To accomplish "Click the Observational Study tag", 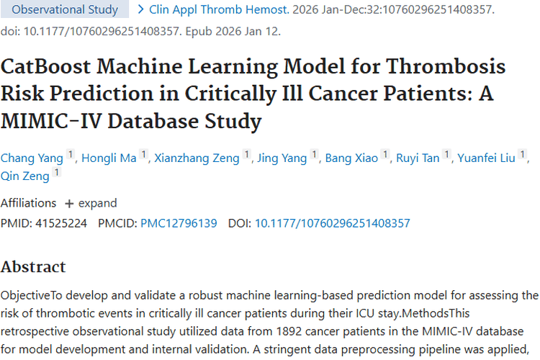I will click(x=66, y=10).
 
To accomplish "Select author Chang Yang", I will click(x=32, y=158).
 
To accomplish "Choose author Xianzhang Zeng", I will click(x=197, y=158).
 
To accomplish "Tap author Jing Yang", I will click(x=282, y=158).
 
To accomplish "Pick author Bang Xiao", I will click(x=351, y=158).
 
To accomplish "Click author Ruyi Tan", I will click(x=418, y=158).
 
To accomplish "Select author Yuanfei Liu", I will click(x=487, y=158).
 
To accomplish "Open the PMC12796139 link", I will click(x=179, y=223).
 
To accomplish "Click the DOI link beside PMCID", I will click(x=332, y=223).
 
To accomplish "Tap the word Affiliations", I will click(x=28, y=203).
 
